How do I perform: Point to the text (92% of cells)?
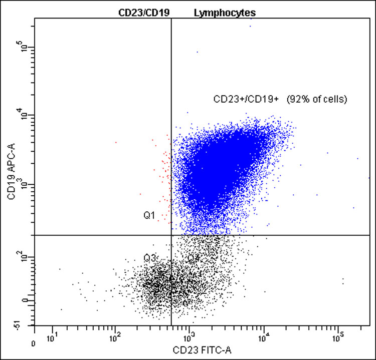coord(317,100)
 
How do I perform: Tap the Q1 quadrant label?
coord(149,216)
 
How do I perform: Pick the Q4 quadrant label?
coord(194,258)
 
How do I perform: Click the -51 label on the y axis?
coord(22,326)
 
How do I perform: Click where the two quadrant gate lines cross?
coord(171,235)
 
